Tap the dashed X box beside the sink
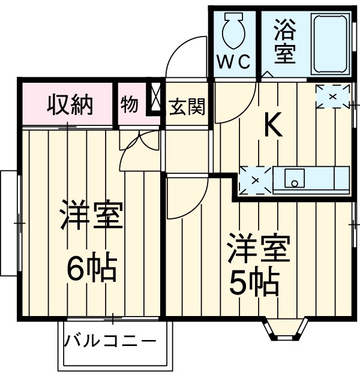coord(254,179)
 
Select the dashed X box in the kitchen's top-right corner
coord(332,96)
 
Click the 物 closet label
coord(130,104)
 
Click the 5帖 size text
coord(254,281)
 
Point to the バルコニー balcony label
coord(110,343)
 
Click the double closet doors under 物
coord(139,150)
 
